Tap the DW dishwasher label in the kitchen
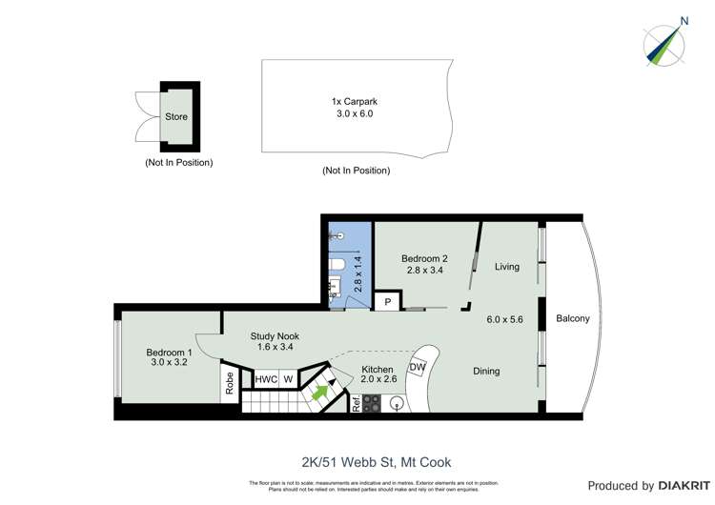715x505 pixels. (417, 367)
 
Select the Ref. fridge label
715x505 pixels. (356, 402)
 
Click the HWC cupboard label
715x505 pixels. (266, 379)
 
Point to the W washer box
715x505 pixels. (288, 379)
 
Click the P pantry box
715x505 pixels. (387, 302)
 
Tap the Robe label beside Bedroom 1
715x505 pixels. (230, 383)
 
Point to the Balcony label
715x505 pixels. (573, 318)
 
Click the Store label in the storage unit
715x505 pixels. (176, 117)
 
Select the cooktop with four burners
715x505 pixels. (371, 402)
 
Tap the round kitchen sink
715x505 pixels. (398, 402)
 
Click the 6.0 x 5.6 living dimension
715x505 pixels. (505, 319)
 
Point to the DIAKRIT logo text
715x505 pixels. (674, 485)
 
